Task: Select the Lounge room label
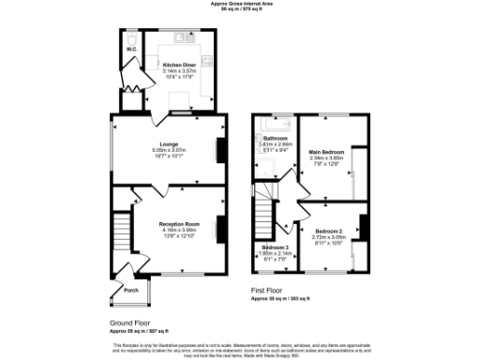point(169,144)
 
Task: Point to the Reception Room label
point(179,224)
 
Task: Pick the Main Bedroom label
point(327,151)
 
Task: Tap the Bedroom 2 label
point(328,231)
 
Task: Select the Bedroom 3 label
point(275,247)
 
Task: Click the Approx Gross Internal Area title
point(240,5)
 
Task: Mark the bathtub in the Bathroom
point(278,124)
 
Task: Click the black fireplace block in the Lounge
point(222,151)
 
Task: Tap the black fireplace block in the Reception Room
point(222,228)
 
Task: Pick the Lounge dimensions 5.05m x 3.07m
point(169,151)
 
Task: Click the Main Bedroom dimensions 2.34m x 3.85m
point(327,157)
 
